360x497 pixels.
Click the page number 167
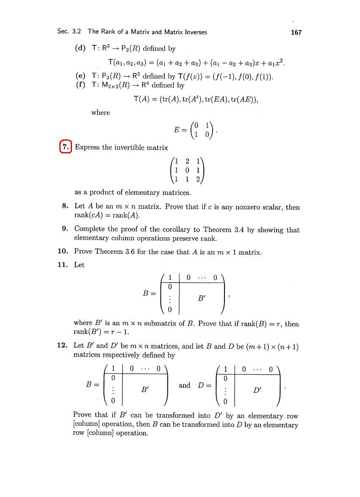[x=296, y=32]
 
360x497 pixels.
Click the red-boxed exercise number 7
[x=66, y=147]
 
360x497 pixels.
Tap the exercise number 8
[x=65, y=207]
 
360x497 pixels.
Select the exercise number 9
[x=65, y=230]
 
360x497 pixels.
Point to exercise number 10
[x=63, y=252]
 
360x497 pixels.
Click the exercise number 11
[x=63, y=265]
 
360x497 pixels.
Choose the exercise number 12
[x=63, y=345]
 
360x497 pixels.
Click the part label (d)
[x=80, y=48]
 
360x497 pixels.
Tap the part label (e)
[x=80, y=77]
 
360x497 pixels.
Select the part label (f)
[x=80, y=85]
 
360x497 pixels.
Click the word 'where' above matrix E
[x=100, y=113]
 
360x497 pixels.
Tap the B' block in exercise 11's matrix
[x=202, y=299]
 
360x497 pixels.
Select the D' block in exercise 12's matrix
[x=257, y=390]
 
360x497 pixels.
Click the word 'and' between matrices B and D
[x=185, y=385]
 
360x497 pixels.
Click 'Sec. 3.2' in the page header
[x=70, y=32]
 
